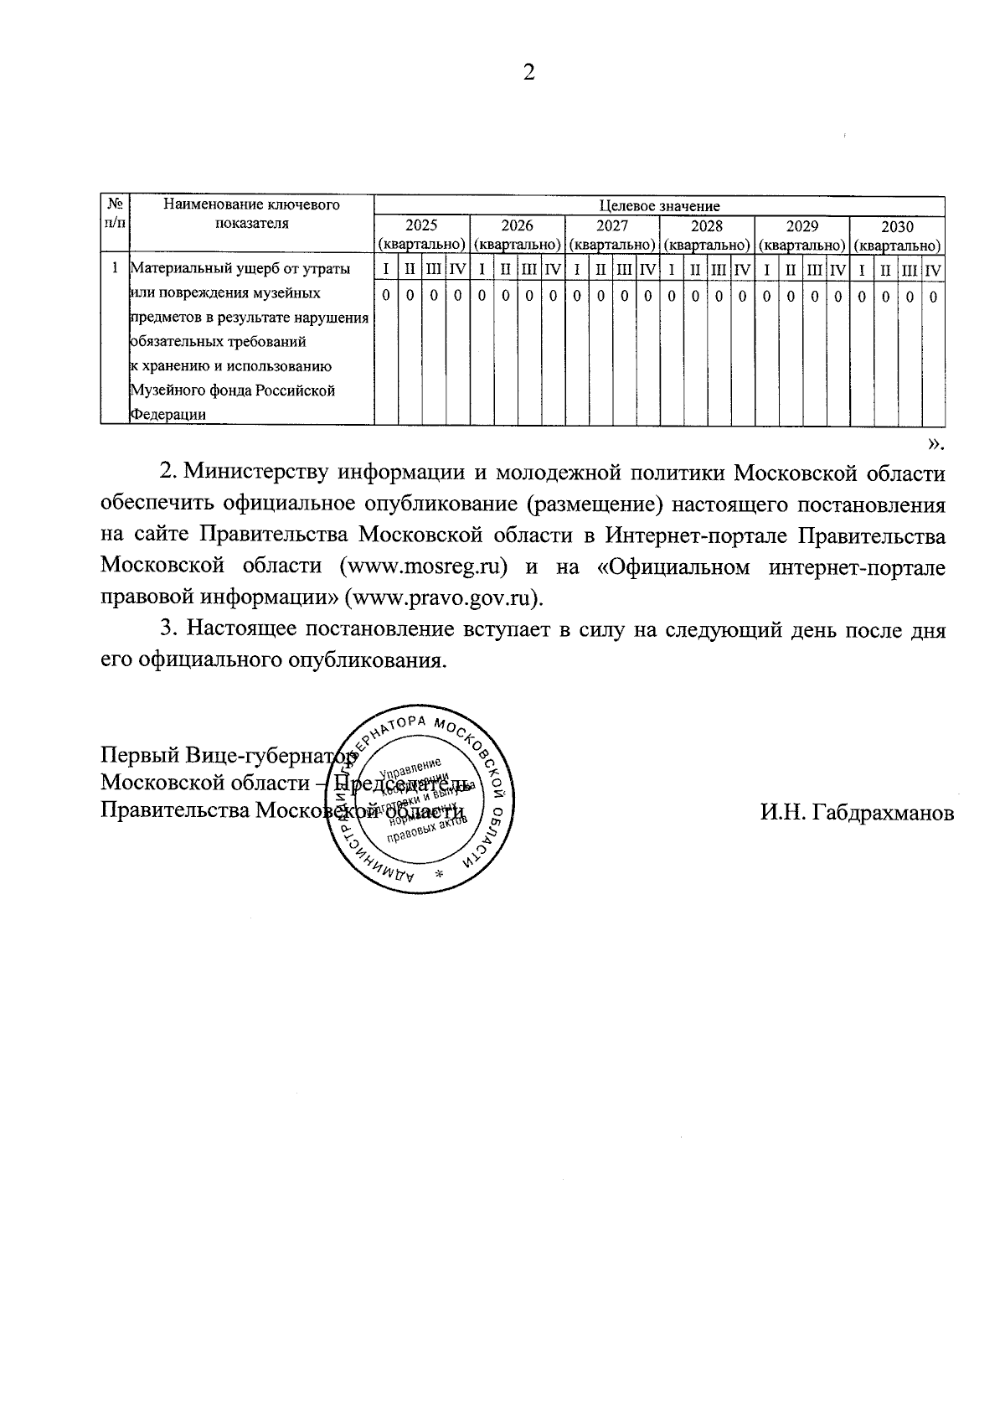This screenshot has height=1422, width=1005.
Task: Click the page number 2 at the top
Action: (x=528, y=72)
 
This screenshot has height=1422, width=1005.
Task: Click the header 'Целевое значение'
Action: (x=659, y=205)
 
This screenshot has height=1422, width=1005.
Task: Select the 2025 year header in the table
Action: (x=421, y=226)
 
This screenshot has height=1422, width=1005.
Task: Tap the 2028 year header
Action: (x=707, y=226)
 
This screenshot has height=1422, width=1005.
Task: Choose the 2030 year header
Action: (x=897, y=226)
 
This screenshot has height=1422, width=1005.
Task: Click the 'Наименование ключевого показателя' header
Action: (x=251, y=214)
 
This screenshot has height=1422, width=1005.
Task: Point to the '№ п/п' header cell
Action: (x=116, y=214)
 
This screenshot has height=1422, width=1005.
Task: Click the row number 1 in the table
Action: (x=115, y=269)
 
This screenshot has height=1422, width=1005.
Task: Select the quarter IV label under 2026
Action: (x=553, y=270)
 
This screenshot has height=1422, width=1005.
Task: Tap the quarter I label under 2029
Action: (x=766, y=270)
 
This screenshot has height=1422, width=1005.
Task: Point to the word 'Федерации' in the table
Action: (x=167, y=414)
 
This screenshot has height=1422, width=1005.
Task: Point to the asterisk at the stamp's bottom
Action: (x=439, y=873)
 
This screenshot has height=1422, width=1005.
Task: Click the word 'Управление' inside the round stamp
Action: (x=410, y=768)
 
